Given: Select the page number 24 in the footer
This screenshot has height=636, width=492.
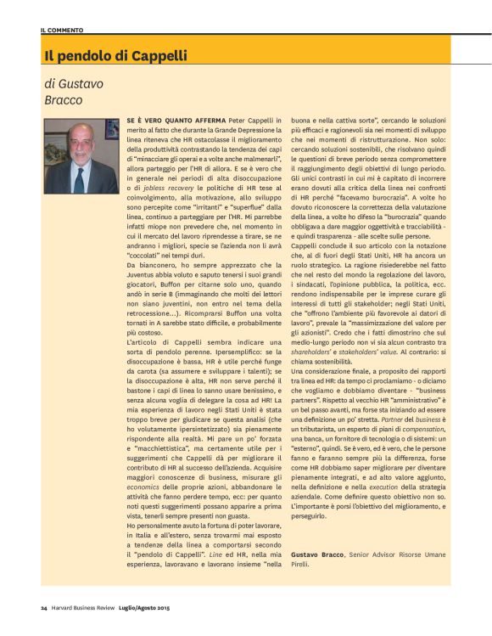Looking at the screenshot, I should point(43,608).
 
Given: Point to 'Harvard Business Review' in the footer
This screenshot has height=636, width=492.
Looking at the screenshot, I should point(88,608).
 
